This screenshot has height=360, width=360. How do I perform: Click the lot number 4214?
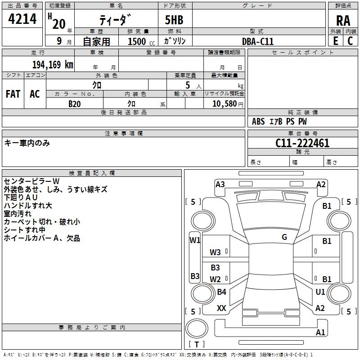(22, 19)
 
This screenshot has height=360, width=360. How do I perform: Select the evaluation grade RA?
(343, 21)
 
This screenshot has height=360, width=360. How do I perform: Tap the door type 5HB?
(174, 20)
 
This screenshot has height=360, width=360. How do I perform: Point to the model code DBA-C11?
(258, 41)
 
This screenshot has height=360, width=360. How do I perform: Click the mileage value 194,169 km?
(53, 65)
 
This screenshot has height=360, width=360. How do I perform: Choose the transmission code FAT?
(13, 94)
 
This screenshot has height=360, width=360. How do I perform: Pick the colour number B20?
(74, 104)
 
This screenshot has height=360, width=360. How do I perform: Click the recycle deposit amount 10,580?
(224, 104)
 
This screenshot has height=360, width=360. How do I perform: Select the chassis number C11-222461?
(302, 143)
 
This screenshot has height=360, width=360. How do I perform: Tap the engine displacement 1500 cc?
(141, 41)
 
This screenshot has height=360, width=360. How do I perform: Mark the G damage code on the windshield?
(284, 237)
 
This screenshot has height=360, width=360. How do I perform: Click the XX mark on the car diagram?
(221, 308)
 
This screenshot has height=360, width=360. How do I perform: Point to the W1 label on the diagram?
(195, 240)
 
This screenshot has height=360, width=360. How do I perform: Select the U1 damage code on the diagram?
(320, 292)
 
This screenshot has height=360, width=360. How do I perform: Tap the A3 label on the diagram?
(220, 184)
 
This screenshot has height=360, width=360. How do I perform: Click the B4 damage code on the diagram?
(221, 292)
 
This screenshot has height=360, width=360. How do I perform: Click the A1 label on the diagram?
(320, 332)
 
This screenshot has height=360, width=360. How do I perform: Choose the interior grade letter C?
(350, 41)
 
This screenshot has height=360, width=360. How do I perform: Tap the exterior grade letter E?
(335, 41)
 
